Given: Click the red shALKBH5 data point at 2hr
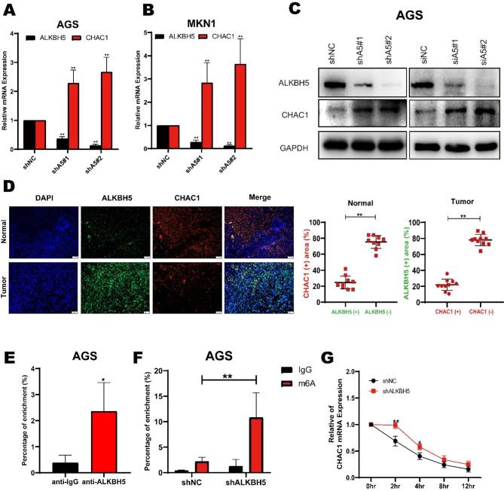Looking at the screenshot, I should (396, 425).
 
